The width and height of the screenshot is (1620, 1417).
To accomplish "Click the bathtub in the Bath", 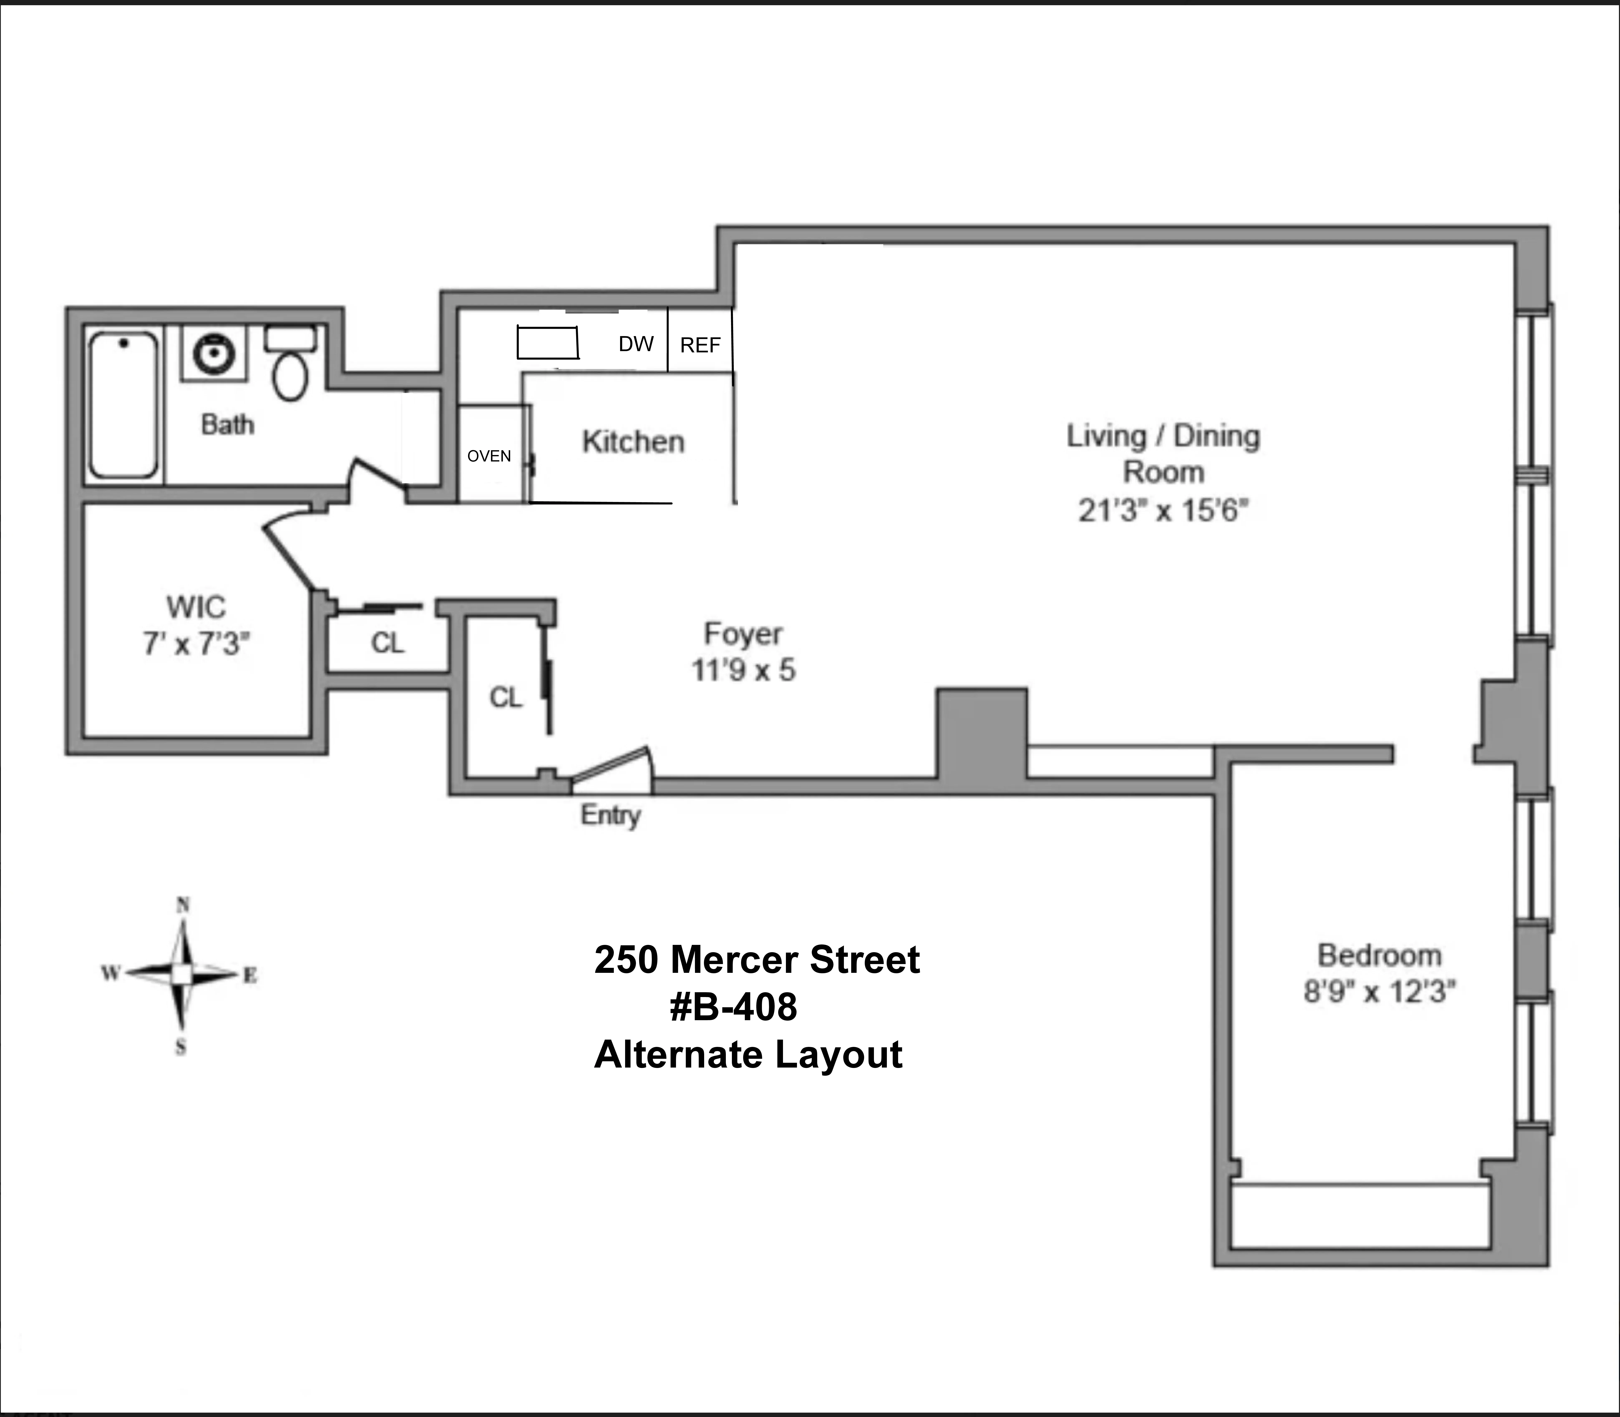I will [x=123, y=405].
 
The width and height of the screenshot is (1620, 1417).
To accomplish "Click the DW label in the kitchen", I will [x=636, y=344].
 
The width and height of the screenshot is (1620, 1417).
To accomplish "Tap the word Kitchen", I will [x=633, y=442].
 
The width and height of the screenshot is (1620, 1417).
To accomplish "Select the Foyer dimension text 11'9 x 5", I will [x=743, y=671].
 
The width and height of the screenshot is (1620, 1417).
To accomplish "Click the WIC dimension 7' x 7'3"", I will [x=196, y=644].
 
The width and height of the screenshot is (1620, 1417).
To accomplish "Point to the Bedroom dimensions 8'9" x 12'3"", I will [x=1380, y=991].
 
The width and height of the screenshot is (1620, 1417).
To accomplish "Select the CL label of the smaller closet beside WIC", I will [x=387, y=643].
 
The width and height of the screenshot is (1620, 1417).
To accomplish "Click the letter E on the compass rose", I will [x=250, y=975].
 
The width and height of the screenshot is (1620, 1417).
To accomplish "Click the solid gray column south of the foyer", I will [x=982, y=733].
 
